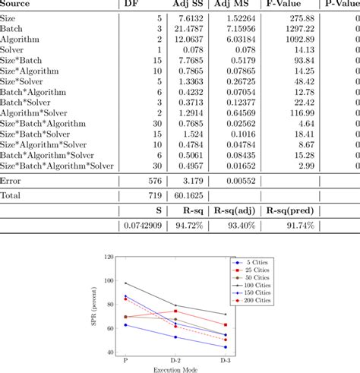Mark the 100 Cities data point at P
125,283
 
